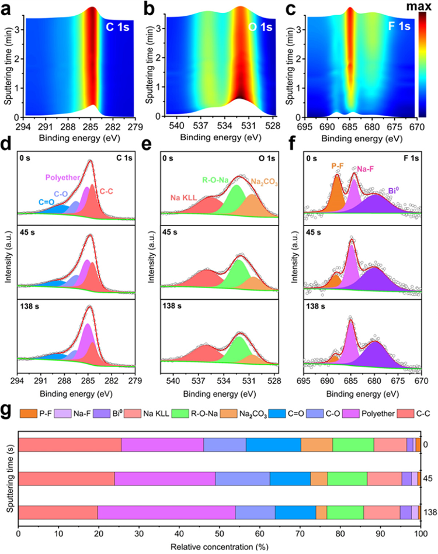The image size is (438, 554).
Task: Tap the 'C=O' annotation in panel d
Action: tap(33, 202)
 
